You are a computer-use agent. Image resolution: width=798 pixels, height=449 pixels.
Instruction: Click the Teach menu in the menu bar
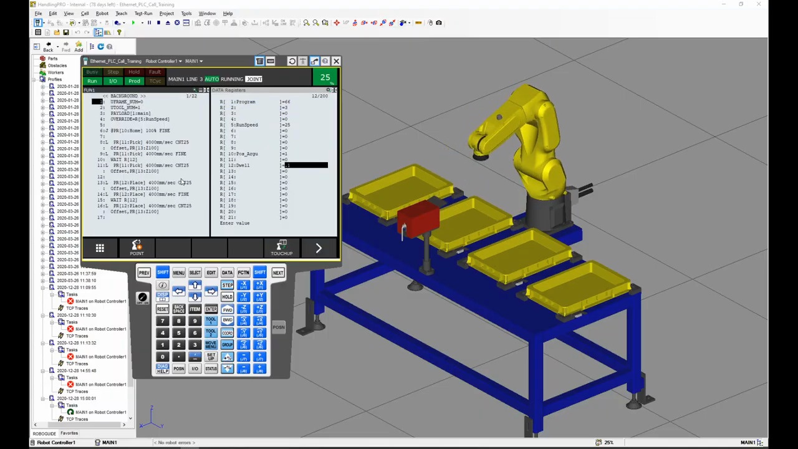click(121, 13)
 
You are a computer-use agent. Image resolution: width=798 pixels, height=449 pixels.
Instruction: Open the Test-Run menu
click(143, 13)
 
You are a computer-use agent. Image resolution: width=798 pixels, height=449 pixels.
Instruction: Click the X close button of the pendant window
click(336, 61)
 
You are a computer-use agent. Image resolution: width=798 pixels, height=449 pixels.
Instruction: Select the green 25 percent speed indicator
click(325, 78)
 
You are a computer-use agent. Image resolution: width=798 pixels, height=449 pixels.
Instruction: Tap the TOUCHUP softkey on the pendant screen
click(282, 248)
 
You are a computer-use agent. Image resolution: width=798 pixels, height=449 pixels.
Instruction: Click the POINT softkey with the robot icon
click(137, 248)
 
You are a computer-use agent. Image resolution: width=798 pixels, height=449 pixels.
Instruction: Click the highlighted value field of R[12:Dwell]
click(306, 165)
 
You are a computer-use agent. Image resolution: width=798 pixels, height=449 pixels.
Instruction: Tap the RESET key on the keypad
click(162, 309)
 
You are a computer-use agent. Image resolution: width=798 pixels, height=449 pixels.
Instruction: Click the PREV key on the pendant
click(144, 273)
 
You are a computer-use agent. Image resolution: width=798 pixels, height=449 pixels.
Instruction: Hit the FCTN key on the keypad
click(243, 273)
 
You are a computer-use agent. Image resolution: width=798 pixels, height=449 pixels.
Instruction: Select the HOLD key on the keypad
click(227, 297)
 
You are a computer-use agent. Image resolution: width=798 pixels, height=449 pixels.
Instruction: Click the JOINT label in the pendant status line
click(254, 79)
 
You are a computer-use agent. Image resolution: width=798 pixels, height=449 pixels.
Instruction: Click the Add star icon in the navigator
click(79, 46)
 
